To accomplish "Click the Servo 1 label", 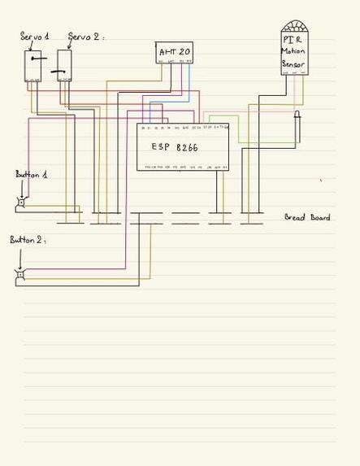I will [34, 37].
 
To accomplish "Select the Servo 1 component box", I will [33, 66].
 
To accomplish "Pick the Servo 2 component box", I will [64, 66].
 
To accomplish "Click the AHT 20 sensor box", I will [175, 53].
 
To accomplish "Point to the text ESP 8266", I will [175, 147].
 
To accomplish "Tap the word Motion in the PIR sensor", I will [294, 51].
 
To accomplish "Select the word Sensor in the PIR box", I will [294, 63].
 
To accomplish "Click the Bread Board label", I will [307, 217].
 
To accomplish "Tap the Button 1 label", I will [32, 175].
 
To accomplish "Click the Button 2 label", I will [27, 240].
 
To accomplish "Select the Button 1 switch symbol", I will [21, 203].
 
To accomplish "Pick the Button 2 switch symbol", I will [20, 275].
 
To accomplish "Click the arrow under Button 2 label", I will [20, 257].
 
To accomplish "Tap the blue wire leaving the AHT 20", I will [189, 81].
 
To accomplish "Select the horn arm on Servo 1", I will [34, 57].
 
